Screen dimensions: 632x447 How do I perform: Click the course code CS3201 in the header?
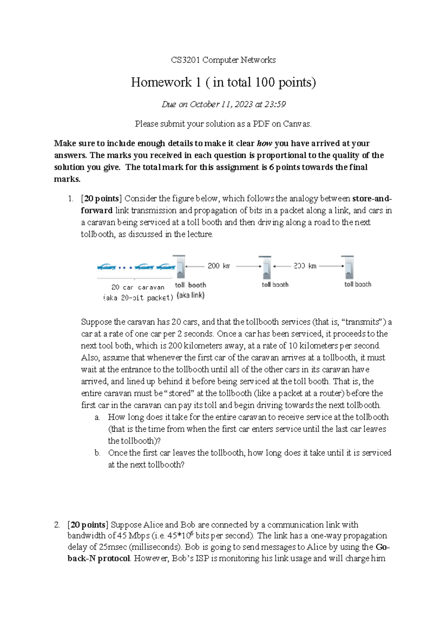pyautogui.click(x=185, y=60)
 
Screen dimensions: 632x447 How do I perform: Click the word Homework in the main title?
pyautogui.click(x=161, y=82)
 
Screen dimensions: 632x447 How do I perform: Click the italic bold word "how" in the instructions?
pyautogui.click(x=264, y=143)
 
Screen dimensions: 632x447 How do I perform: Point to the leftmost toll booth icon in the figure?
pyautogui.click(x=180, y=267)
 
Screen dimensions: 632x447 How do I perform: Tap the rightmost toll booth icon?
pyautogui.click(x=348, y=267)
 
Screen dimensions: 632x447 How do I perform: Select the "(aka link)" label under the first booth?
pyautogui.click(x=191, y=295)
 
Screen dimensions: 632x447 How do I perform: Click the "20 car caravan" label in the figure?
pyautogui.click(x=137, y=288)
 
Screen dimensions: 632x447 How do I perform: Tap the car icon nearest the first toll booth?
pyautogui.click(x=166, y=267)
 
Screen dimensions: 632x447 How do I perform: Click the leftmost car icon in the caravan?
pyautogui.click(x=107, y=267)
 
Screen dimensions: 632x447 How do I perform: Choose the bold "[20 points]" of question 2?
pyautogui.click(x=88, y=525)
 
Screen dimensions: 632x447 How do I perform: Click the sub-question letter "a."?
pyautogui.click(x=97, y=417)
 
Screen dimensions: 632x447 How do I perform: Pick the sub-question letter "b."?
pyautogui.click(x=97, y=453)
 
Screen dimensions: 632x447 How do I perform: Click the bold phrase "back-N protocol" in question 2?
pyautogui.click(x=99, y=559)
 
